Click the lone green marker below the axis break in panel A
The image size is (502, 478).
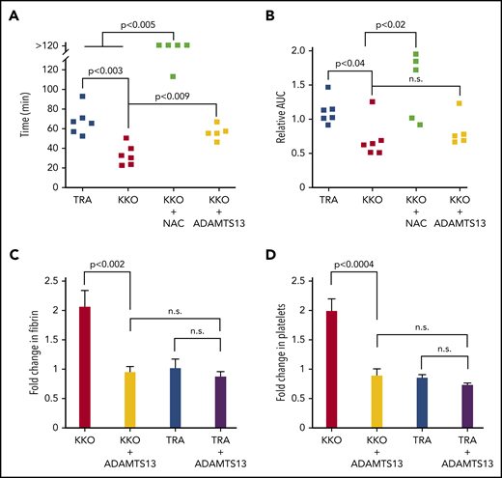[x=174, y=76]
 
